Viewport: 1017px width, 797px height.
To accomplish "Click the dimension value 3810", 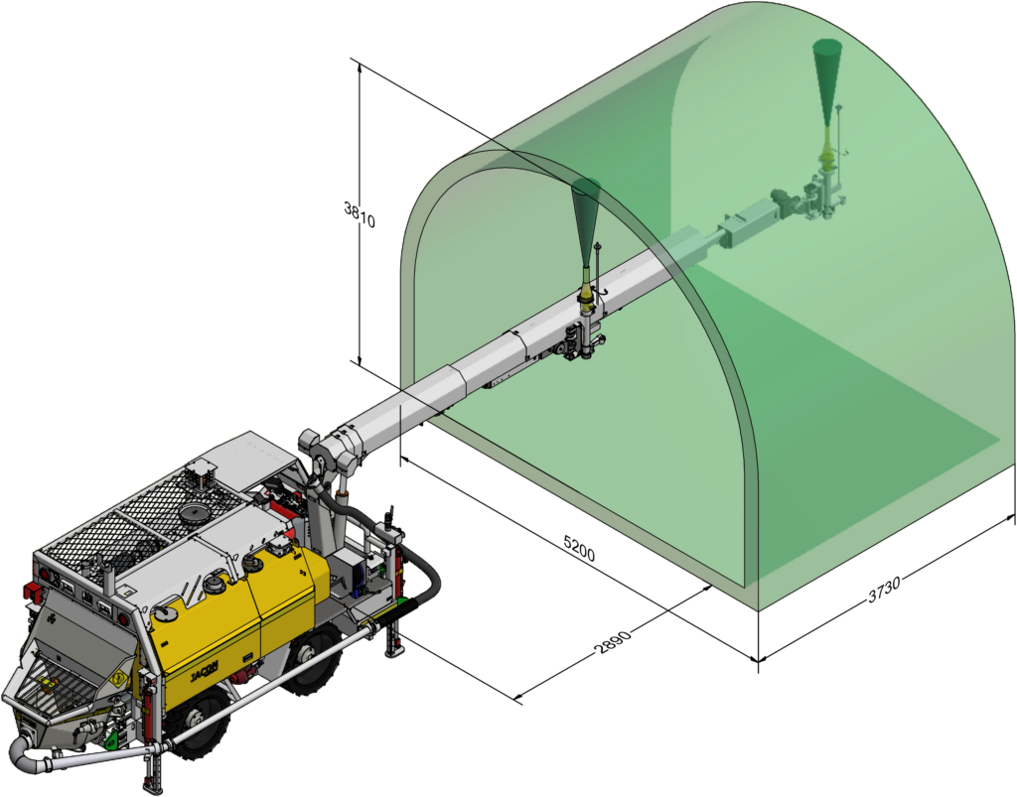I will tap(360, 215).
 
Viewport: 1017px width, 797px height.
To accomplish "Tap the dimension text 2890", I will tap(612, 647).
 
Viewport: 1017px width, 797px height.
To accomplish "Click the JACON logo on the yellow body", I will tap(206, 672).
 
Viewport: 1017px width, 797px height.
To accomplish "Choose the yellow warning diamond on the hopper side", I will tap(118, 678).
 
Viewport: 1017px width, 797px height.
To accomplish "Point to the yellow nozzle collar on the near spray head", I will tap(588, 294).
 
